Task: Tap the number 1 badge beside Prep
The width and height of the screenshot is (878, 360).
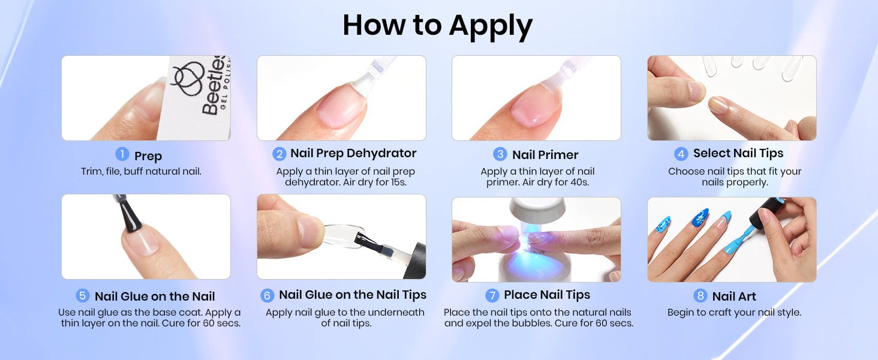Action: click(x=122, y=154)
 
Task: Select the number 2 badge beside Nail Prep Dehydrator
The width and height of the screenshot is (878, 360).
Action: click(x=279, y=154)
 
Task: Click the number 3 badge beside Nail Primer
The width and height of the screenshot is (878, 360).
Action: click(x=500, y=154)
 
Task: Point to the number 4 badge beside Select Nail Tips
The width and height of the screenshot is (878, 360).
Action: click(x=681, y=154)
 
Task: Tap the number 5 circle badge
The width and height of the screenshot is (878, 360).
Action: click(x=82, y=295)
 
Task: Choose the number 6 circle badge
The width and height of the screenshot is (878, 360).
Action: click(x=267, y=295)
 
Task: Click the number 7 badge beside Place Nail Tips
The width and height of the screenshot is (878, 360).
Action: click(x=492, y=295)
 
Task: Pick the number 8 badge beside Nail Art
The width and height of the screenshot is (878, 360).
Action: click(x=700, y=295)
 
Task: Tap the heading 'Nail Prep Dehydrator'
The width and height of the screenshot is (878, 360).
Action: click(x=353, y=154)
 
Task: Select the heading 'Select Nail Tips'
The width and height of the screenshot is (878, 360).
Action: click(x=738, y=154)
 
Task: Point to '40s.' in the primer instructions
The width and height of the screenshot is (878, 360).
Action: click(x=580, y=182)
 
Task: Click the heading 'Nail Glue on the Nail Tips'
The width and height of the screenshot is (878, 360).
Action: click(x=353, y=295)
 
